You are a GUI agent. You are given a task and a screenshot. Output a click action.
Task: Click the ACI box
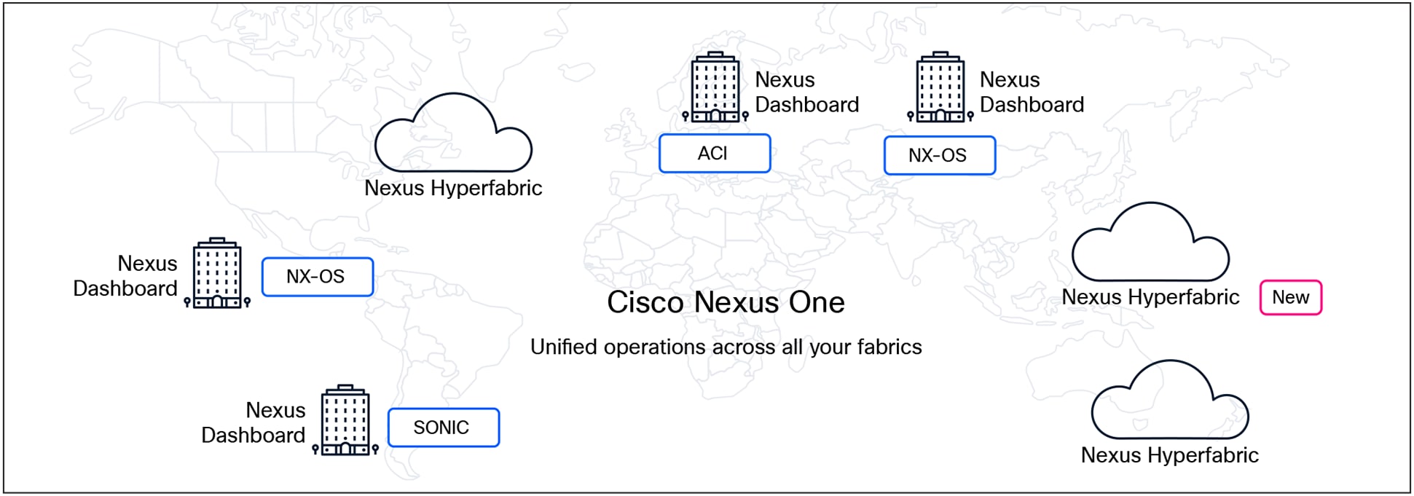714,154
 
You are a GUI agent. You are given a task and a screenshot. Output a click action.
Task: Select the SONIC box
443,428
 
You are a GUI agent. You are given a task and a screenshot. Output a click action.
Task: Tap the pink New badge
1290,298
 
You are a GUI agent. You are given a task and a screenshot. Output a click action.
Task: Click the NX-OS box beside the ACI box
939,156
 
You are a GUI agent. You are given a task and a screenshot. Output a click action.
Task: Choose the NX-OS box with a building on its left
317,277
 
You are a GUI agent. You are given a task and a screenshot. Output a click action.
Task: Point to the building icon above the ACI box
715,87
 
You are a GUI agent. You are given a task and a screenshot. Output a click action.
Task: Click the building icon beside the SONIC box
345,420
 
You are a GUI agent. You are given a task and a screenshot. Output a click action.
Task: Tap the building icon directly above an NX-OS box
940,87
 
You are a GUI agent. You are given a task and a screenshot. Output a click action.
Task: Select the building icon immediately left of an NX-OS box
217,273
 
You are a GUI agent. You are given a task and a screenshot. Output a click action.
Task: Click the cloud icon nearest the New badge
1150,244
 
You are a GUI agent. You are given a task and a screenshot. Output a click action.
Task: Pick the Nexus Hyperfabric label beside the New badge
1150,297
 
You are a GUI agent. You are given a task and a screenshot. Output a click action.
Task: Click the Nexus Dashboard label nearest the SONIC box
253,422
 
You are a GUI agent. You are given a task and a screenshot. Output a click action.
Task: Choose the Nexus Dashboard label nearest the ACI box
806,92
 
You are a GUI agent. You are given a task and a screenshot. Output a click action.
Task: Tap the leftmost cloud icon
453,135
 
